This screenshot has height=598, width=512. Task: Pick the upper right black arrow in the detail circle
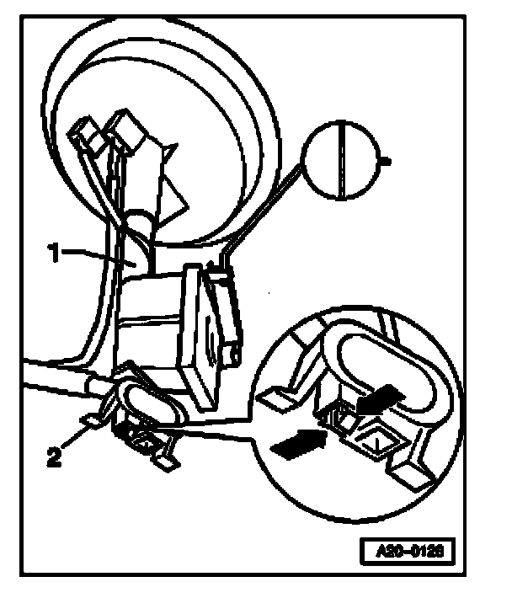point(379,396)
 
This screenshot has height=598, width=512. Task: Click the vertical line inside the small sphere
point(343,160)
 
